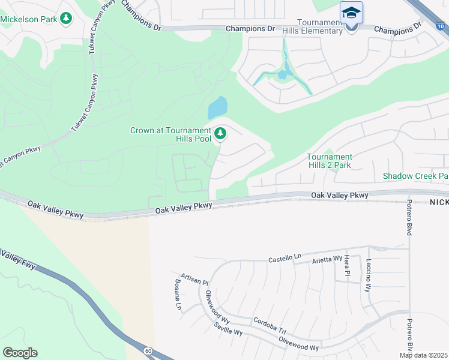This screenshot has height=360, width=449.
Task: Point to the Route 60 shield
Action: (x=147, y=350)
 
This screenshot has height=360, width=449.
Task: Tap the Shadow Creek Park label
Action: (x=416, y=176)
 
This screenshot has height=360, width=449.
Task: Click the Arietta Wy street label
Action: (x=325, y=260)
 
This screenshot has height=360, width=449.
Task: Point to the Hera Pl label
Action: (x=347, y=265)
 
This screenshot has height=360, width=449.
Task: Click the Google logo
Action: (x=20, y=353)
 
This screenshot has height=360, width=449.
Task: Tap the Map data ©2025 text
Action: (x=423, y=355)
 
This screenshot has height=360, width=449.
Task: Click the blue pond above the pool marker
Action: (x=218, y=108)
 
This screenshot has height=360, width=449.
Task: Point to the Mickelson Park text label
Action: (x=29, y=19)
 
